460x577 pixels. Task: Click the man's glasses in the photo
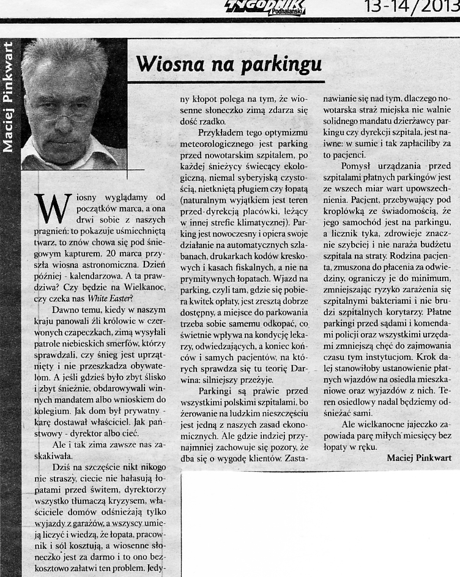pos(59,112)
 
